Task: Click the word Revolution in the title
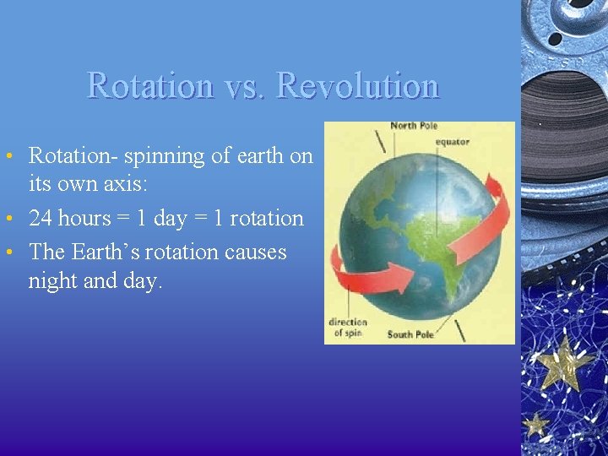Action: [x=358, y=86]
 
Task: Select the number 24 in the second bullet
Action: [x=41, y=219]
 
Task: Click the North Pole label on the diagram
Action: [x=414, y=127]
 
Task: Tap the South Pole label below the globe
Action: [x=410, y=335]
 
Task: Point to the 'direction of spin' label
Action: [x=347, y=328]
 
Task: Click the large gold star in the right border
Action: [x=563, y=362]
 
